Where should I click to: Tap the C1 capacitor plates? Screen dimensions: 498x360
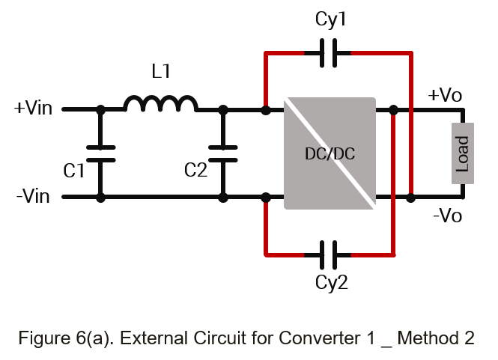[x=100, y=154]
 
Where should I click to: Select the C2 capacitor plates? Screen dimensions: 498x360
[x=223, y=154]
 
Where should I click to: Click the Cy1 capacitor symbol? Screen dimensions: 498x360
[x=329, y=53]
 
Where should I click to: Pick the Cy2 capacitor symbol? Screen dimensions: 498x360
[x=329, y=255]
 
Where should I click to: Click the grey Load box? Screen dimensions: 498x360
[x=463, y=153]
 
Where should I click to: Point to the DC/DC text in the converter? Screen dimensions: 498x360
[x=330, y=154]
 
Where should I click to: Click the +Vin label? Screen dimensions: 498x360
[x=33, y=108]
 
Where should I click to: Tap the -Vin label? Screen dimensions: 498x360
[x=33, y=196]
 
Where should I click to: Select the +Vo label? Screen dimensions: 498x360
[x=445, y=94]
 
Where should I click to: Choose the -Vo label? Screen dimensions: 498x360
[x=447, y=216]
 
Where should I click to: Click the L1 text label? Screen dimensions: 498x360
[x=161, y=71]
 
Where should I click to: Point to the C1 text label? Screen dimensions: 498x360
[x=73, y=171]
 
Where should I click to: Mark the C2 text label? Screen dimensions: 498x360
[x=195, y=170]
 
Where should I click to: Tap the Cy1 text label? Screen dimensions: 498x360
[x=330, y=19]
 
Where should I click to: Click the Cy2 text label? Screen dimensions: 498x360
[x=331, y=282]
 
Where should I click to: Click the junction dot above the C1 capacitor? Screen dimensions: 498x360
[x=100, y=110]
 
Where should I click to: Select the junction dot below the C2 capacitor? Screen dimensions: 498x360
[x=223, y=198]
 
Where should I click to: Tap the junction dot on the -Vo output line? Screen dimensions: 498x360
[x=410, y=198]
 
